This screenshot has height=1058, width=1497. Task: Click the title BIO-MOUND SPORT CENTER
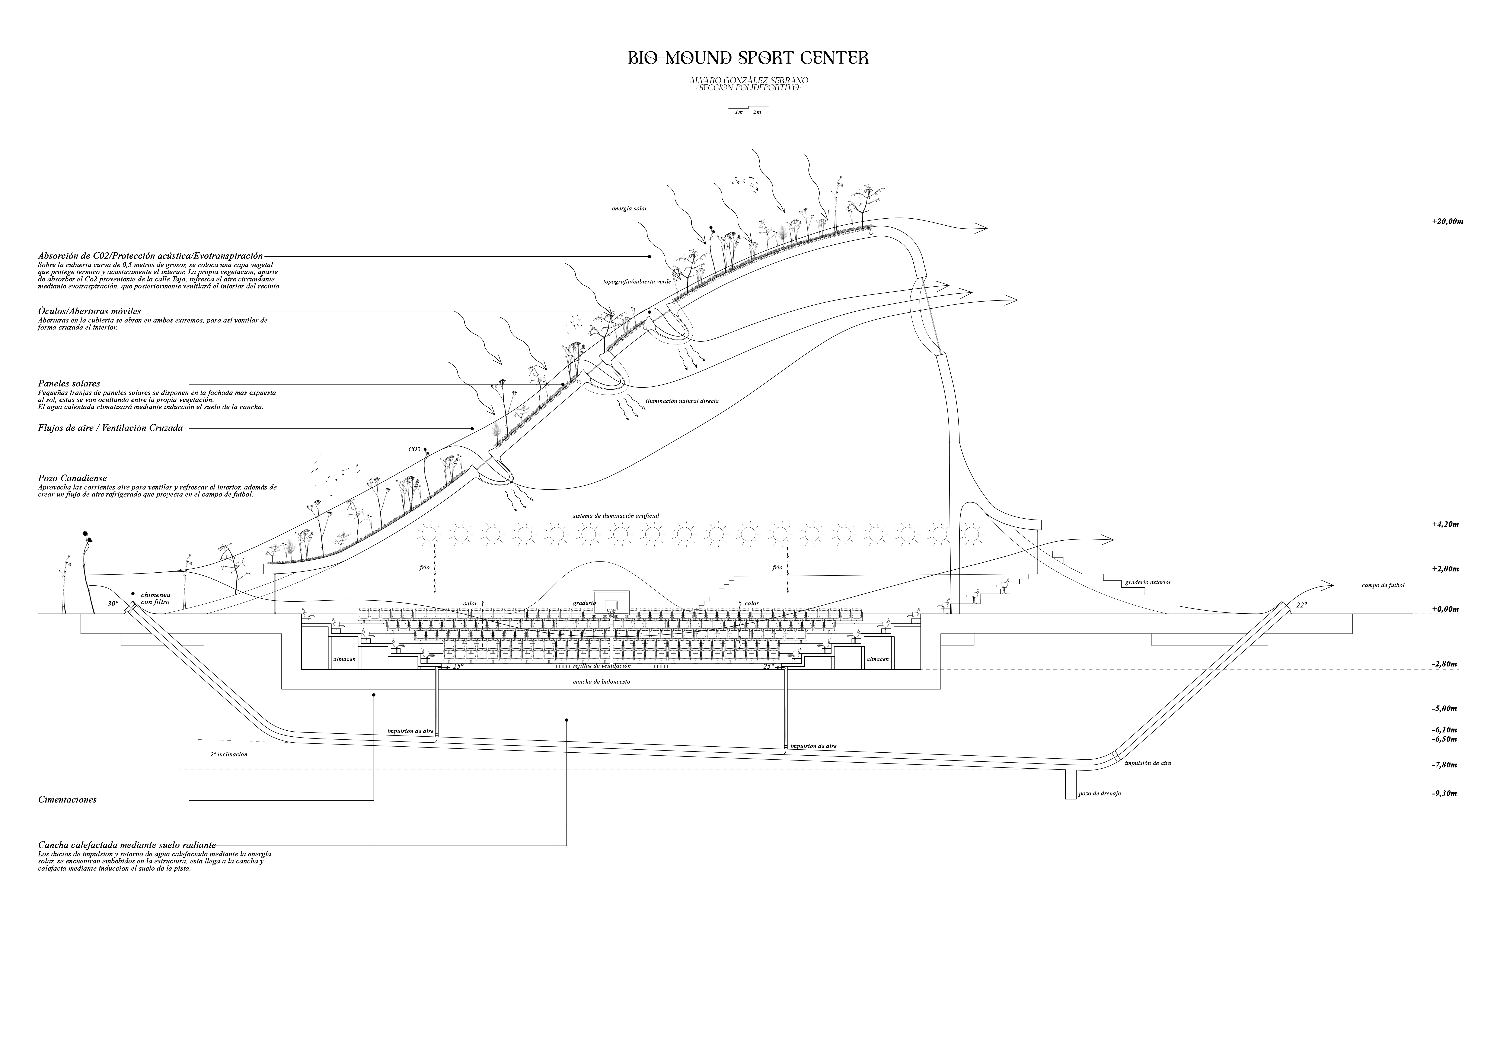748,58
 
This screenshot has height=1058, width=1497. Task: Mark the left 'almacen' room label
344,659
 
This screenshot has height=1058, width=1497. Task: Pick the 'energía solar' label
629,209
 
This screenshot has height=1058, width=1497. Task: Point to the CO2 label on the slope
415,449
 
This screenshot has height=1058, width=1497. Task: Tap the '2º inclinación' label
229,754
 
